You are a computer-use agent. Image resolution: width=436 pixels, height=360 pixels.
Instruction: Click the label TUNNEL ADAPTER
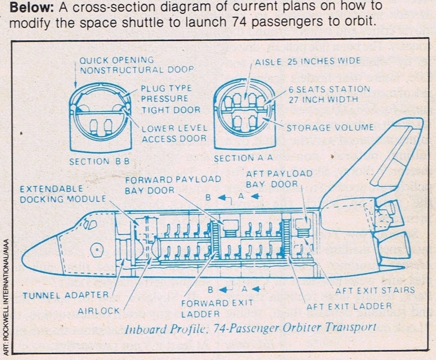(66, 295)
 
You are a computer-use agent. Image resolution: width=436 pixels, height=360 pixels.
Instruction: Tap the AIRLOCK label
(98, 310)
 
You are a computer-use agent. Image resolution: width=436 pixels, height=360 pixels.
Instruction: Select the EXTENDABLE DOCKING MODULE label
(62, 194)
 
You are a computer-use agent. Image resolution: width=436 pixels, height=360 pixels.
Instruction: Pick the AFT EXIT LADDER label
(349, 306)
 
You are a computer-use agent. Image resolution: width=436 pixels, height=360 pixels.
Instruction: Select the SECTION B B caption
(99, 161)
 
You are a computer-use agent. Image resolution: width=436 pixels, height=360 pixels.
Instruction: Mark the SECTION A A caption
(243, 159)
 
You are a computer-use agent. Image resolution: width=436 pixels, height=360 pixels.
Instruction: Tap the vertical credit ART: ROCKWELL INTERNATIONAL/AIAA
(5, 295)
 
